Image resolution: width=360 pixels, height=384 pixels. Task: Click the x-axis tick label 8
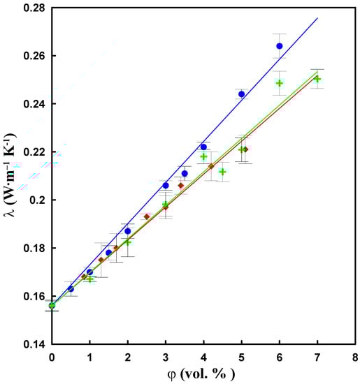pos(355,357)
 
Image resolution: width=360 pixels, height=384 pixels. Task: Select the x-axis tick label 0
pos(52,357)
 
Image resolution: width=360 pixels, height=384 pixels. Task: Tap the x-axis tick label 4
pos(203,357)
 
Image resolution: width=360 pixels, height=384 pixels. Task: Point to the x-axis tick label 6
pos(280,357)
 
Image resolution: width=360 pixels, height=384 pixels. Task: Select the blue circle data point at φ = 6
pos(280,46)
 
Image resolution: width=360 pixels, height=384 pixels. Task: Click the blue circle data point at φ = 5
pos(242,94)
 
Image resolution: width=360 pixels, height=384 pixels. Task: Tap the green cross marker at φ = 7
pos(317,79)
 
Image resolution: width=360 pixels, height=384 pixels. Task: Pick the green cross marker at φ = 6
pos(280,83)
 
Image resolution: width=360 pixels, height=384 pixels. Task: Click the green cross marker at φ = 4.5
pos(222,172)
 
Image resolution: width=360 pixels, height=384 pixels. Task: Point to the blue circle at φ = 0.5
pos(71,288)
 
